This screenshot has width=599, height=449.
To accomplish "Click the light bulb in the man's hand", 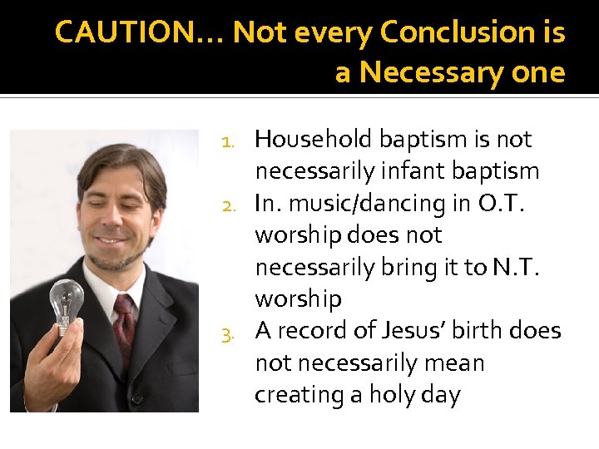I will pyautogui.click(x=66, y=303).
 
